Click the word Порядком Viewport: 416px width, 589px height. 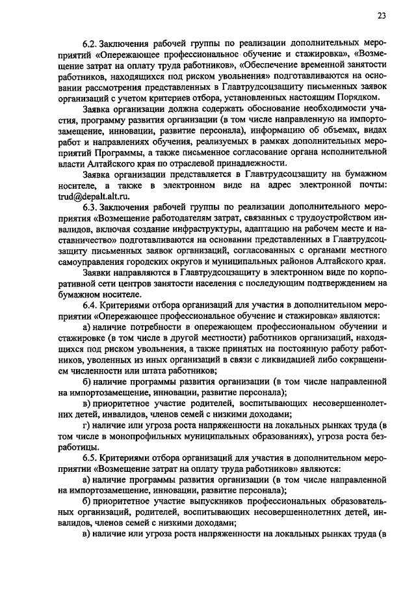pyautogui.click(x=354, y=96)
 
